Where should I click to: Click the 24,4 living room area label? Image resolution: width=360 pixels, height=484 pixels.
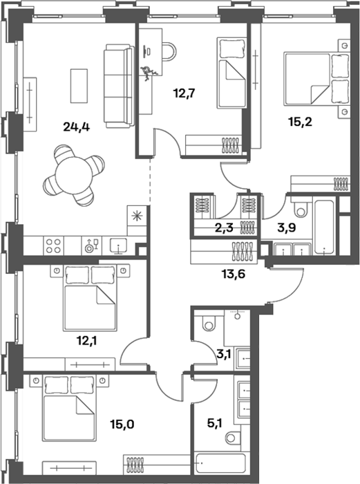pos(76,127)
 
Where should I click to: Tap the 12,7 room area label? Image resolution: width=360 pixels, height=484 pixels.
pos(184,92)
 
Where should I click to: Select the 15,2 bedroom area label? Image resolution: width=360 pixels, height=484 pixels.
pos(300,122)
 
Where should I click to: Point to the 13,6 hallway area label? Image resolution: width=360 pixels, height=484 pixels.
pos(234,273)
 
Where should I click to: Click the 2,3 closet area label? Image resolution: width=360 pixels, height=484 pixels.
pos(224,229)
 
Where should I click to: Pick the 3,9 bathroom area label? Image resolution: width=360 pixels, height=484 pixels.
pos(287,227)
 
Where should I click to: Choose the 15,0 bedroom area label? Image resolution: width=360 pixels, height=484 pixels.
pos(122,425)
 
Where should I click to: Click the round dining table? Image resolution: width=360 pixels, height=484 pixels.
pos(74,175)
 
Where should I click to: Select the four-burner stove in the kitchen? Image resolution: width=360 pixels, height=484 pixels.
pos(53,245)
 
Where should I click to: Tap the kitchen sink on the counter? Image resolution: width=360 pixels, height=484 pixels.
pos(119,246)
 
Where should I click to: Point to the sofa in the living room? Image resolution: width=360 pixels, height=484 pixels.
pos(119,86)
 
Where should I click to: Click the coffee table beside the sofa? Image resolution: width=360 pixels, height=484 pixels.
pos(79,86)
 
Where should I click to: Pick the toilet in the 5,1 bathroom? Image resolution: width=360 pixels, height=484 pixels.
pos(234,437)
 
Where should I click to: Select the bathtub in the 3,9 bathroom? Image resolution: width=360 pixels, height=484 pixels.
pos(323,227)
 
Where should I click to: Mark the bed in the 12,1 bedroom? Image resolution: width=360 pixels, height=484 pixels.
pos(90,298)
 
